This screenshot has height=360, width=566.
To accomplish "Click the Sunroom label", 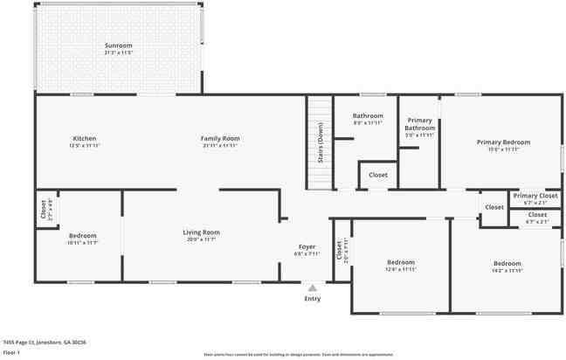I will pyautogui.click(x=118, y=45).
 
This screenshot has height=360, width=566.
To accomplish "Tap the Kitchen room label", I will pyautogui.click(x=85, y=138).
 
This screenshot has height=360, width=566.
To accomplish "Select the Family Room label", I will pyautogui.click(x=220, y=138).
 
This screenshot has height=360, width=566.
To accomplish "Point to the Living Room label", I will pyautogui.click(x=201, y=232).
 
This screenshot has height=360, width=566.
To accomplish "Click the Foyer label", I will pyautogui.click(x=307, y=246).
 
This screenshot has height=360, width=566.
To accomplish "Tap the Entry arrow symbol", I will pyautogui.click(x=312, y=287).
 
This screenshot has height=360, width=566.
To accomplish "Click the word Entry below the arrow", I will pyautogui.click(x=312, y=299).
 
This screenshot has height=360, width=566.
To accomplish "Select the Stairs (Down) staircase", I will pyautogui.click(x=320, y=142).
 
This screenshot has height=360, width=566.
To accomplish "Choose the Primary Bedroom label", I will pyautogui.click(x=503, y=142).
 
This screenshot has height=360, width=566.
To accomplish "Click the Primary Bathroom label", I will pyautogui.click(x=419, y=124).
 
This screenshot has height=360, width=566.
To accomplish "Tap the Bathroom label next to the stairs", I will pyautogui.click(x=368, y=115).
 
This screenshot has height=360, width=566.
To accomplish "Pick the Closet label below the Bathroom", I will pyautogui.click(x=377, y=175).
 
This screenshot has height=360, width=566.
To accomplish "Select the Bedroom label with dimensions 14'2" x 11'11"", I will pyautogui.click(x=507, y=263).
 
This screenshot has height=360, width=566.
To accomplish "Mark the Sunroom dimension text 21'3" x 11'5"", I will pyautogui.click(x=118, y=52).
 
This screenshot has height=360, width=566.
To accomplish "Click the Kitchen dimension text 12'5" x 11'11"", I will pyautogui.click(x=85, y=146).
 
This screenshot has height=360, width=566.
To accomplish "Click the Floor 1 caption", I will pyautogui.click(x=11, y=352).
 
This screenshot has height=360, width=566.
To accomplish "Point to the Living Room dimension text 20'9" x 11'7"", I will pyautogui.click(x=201, y=239).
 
